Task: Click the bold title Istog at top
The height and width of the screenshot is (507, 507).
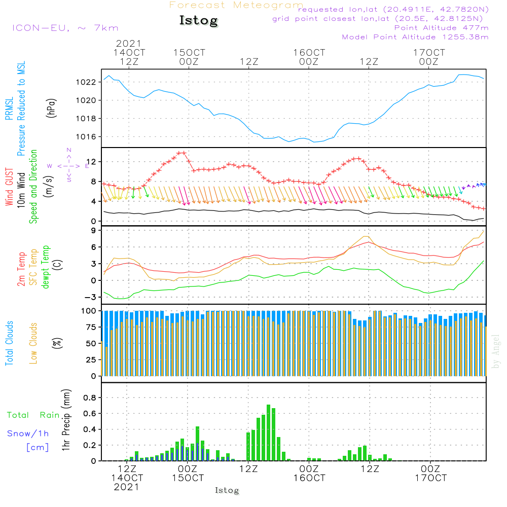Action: (198, 21)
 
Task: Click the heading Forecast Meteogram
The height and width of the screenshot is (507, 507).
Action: (236, 6)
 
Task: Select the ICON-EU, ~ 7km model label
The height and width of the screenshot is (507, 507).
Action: (65, 28)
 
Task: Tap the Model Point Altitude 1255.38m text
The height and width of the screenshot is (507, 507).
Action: (415, 37)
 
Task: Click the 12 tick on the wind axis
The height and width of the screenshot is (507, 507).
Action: (91, 162)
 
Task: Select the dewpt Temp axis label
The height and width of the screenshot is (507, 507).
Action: (46, 267)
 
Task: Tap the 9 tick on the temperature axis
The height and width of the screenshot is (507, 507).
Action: (94, 231)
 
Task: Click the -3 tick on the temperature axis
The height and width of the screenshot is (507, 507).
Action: (91, 297)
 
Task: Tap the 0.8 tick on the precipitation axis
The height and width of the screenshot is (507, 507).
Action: (89, 397)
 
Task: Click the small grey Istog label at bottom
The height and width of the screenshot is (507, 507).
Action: (227, 490)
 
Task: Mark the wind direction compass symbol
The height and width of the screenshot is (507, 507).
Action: (68, 166)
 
